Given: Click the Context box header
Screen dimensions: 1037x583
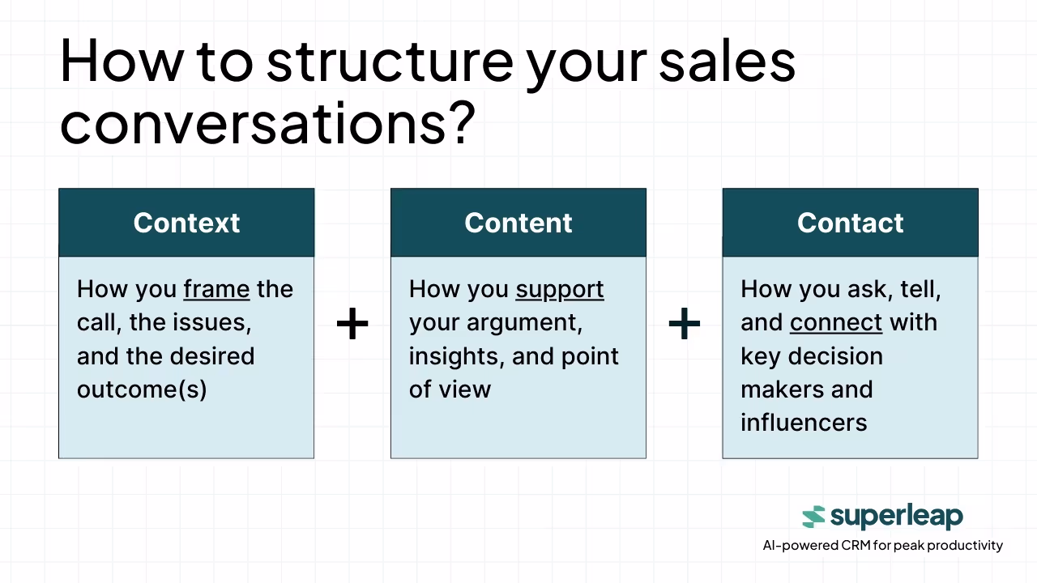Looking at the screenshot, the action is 186,223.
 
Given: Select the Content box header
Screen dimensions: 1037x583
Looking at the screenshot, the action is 518,223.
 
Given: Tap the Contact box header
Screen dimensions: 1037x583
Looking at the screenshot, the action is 851,223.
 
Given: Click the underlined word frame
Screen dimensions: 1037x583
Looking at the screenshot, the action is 216,290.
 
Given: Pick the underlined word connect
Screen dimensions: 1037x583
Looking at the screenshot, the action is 836,322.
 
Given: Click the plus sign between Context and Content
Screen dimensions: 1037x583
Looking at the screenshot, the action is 352,323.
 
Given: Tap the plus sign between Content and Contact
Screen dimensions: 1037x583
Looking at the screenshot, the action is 685,323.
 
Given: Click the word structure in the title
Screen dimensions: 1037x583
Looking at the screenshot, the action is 390,62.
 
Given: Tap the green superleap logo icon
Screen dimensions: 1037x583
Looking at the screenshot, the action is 813,517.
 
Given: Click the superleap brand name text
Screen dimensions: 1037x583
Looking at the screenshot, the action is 897,517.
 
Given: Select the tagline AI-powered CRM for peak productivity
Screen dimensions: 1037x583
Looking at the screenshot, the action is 883,546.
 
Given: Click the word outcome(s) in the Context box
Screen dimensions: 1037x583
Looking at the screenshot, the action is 142,389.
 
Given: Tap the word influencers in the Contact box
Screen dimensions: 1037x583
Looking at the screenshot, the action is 804,423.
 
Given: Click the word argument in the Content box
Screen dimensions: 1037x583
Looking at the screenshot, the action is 524,323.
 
